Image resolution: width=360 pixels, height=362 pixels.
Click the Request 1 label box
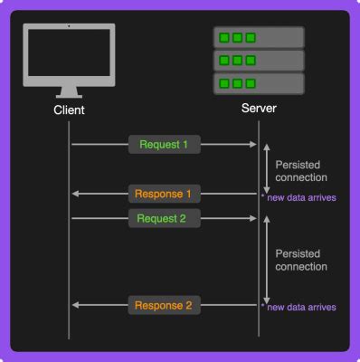coord(163,144)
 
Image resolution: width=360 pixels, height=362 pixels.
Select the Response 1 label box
coord(163,194)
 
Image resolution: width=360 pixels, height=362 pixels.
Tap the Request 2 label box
coord(163,218)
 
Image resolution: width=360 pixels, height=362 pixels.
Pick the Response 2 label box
coord(163,306)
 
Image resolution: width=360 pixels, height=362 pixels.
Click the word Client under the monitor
coord(69,110)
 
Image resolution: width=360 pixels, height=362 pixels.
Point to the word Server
coord(259,110)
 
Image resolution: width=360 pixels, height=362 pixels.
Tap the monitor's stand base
coord(70,93)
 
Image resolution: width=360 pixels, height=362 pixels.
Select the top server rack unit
coord(259,39)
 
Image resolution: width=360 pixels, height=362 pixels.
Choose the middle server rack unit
coord(259,62)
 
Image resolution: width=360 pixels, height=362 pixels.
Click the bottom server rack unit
coord(259,84)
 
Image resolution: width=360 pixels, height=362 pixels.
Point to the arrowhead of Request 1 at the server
coord(252,144)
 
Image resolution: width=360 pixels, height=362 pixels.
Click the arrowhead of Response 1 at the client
coord(76,194)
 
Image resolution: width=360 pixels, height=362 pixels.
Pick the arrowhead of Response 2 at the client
coord(76,306)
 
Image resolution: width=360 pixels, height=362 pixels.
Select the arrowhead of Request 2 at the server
coord(252,218)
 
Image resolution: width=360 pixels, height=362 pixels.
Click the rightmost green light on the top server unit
coord(249,39)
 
